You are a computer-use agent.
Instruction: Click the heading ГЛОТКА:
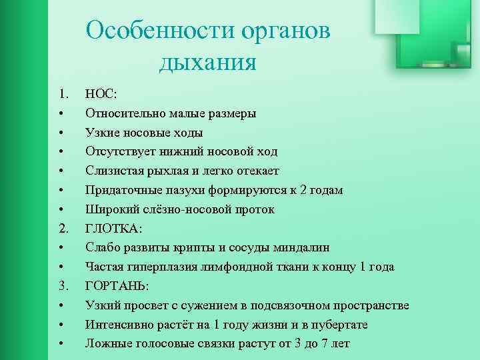click(x=113, y=228)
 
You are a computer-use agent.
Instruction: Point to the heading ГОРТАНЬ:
click(x=117, y=286)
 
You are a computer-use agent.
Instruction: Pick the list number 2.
click(x=63, y=228)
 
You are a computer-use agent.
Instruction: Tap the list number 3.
click(x=63, y=286)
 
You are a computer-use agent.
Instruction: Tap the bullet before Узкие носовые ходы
click(x=61, y=133)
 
